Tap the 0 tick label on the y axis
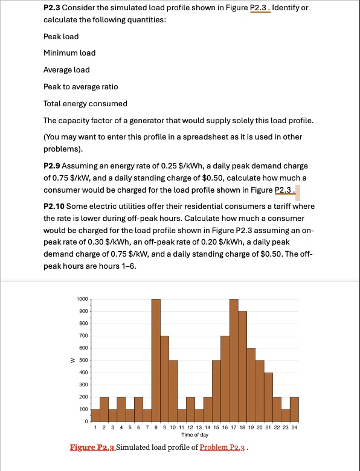coord(86,421)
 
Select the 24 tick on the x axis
coord(294,427)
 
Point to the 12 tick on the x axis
coord(190,427)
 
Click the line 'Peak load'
coord(61,37)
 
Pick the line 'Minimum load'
coord(69,53)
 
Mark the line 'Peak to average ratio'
coord(81,87)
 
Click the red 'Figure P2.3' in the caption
coord(92,448)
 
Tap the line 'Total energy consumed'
coord(85,103)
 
